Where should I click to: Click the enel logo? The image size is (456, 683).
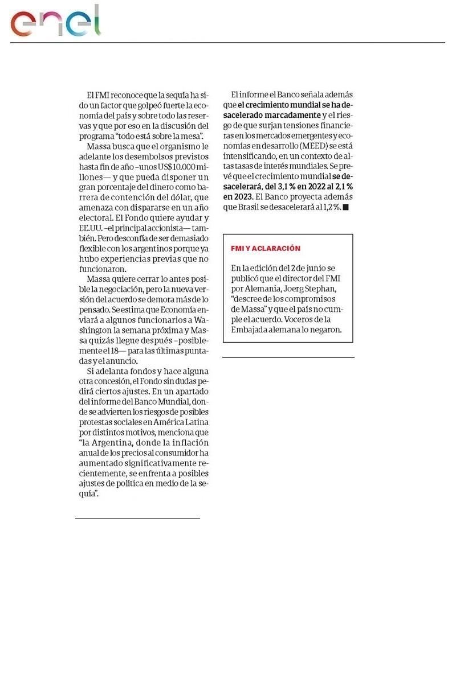point(55,22)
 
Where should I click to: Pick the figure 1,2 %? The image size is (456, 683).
point(329,207)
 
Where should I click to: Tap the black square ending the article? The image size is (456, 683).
point(345,207)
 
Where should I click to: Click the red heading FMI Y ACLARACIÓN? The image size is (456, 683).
point(265,249)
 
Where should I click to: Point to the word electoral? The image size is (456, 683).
point(96,217)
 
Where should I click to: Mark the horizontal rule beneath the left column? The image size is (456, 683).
point(137,518)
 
